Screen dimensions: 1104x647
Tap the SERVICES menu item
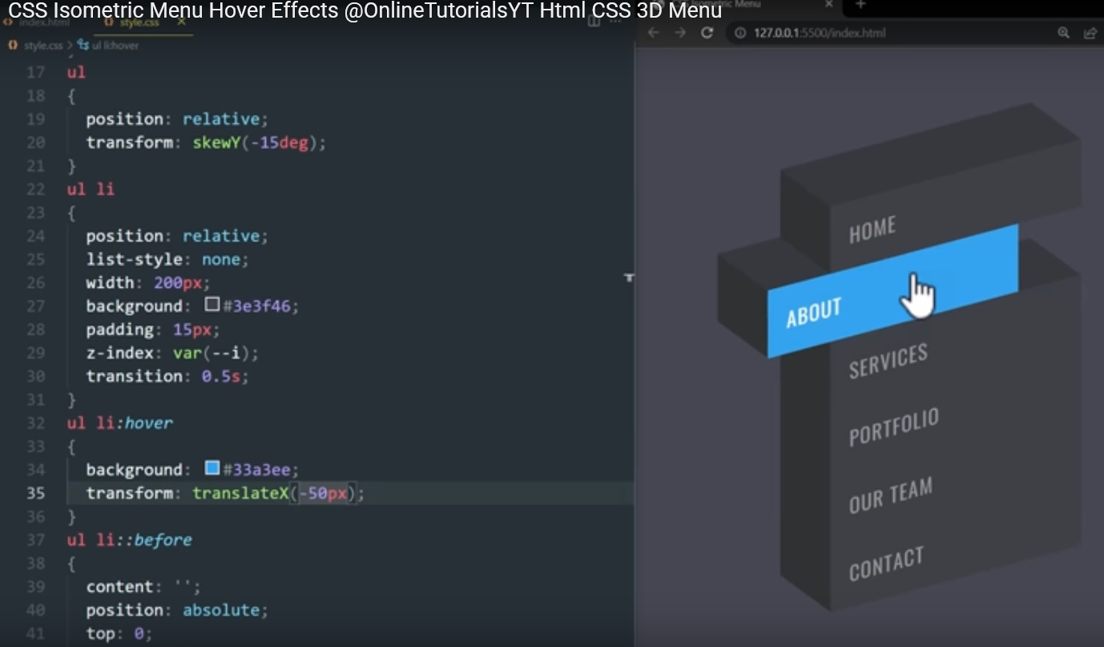(x=888, y=361)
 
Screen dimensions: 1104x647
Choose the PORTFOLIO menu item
(x=893, y=427)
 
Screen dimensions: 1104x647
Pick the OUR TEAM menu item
(x=890, y=495)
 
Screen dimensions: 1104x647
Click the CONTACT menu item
(x=886, y=564)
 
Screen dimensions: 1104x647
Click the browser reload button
(x=707, y=33)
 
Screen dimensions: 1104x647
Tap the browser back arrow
(x=653, y=33)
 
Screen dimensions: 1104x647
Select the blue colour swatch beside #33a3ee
(x=212, y=468)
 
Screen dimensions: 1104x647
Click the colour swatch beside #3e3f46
(x=212, y=305)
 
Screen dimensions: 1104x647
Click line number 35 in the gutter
(x=36, y=493)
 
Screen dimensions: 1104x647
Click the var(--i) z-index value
(x=216, y=353)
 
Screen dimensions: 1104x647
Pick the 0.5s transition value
(x=221, y=376)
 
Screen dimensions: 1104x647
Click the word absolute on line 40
(x=221, y=610)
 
